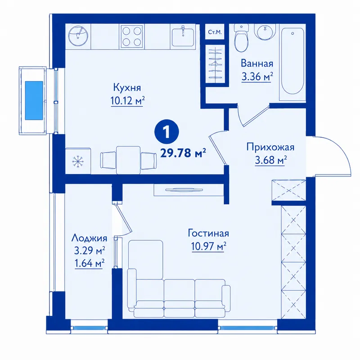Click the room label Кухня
coord(127,88)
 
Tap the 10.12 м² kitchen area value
coord(128,100)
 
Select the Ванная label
coord(257,63)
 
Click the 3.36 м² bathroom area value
coord(257,76)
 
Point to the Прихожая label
coord(270,147)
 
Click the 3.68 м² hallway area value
coord(270,160)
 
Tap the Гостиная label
coord(208,233)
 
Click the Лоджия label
coord(89,238)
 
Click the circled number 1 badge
coord(167,132)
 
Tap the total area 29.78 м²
coord(183,153)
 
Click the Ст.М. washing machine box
coord(215,32)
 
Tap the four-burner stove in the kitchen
coord(132,36)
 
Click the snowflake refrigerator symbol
coord(78,161)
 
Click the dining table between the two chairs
coord(128,160)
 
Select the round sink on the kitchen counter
coord(78,36)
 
